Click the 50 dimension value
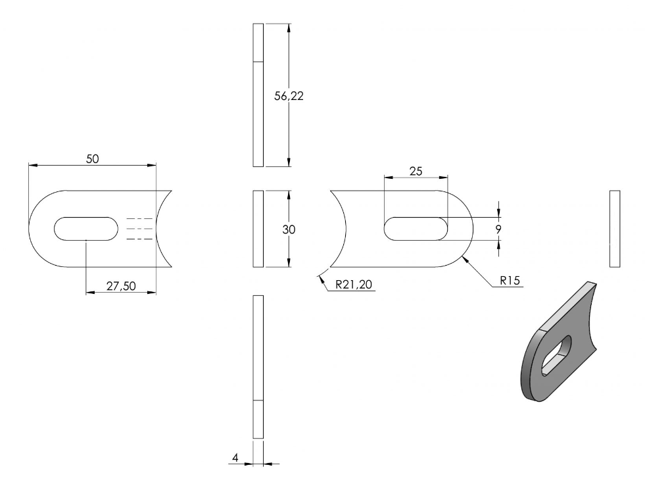coord(93,159)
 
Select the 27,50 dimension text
coord(121,286)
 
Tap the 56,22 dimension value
coord(289,96)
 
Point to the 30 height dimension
coord(289,230)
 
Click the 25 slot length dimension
coord(416,171)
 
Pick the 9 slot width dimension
coord(498,230)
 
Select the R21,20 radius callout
coord(354,284)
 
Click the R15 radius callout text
coord(510,281)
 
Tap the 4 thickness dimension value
coord(235,458)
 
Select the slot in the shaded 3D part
coord(556,355)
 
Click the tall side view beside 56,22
coord(258,95)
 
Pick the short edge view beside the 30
coord(258,229)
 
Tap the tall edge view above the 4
coord(258,367)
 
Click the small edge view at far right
coord(615,229)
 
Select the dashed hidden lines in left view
coord(139,229)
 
